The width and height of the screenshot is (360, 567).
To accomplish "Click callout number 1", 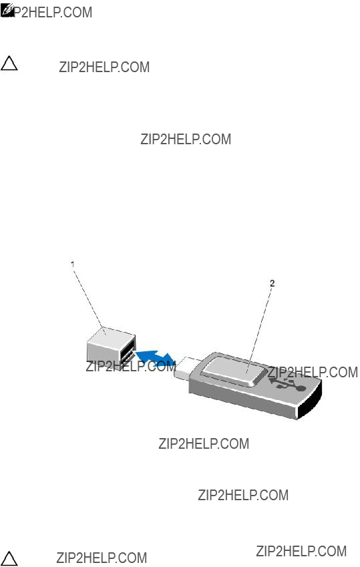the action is click(73, 264).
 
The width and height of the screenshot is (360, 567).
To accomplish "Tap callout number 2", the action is click(273, 283).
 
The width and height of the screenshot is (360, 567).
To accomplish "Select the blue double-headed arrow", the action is click(156, 358).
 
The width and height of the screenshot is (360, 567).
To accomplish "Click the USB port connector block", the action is click(111, 348).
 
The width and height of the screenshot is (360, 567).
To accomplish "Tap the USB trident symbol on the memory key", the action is click(289, 385).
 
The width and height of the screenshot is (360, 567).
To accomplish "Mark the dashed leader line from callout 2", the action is click(259, 330).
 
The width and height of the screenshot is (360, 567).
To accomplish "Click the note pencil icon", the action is click(7, 10).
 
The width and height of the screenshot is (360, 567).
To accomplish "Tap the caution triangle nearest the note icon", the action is click(9, 63).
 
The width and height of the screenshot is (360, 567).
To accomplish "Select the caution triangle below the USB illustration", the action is click(9, 558).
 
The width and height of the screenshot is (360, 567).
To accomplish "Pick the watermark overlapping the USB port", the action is click(131, 366).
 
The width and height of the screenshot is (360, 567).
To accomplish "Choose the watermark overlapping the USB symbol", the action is click(313, 372).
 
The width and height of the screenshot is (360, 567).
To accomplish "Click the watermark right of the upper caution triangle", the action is click(104, 67).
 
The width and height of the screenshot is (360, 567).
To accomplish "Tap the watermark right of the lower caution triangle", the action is click(102, 558).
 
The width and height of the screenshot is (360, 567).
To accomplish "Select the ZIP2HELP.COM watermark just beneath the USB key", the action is click(204, 443).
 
